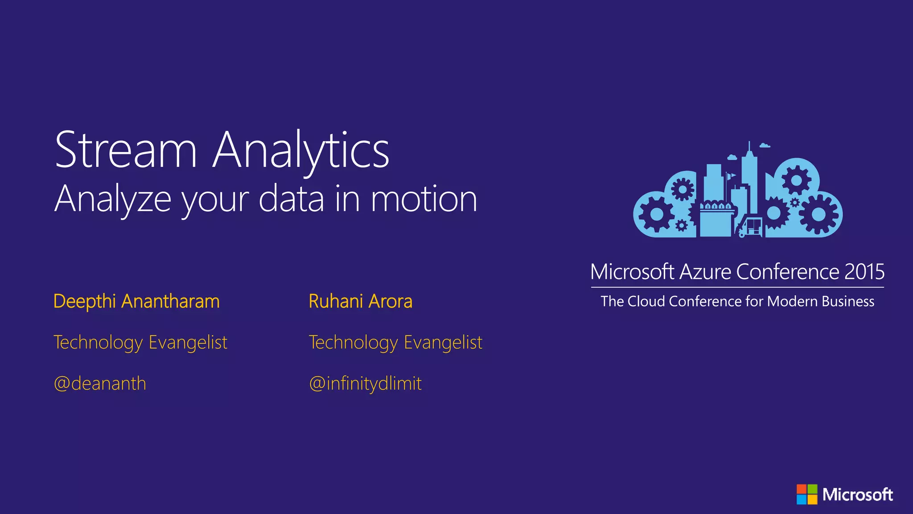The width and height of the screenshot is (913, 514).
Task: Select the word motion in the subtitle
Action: click(424, 199)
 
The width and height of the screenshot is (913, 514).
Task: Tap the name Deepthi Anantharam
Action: click(136, 302)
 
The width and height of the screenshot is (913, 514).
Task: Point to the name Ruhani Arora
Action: click(360, 302)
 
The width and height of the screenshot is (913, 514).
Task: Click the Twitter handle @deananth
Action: click(100, 384)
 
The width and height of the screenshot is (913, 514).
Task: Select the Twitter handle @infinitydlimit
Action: click(365, 384)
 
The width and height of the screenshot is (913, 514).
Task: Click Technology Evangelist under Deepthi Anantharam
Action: click(140, 343)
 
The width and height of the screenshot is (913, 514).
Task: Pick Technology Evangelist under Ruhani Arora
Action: click(395, 343)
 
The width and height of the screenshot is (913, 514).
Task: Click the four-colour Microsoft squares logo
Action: click(807, 494)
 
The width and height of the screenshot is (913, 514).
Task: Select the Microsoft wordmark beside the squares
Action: click(857, 494)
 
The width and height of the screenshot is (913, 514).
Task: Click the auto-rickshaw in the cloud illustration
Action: click(751, 227)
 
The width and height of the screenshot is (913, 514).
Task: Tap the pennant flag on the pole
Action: click(731, 175)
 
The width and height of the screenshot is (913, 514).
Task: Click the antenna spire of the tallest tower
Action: click(749, 146)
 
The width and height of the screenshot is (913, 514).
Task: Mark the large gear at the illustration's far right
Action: click(818, 214)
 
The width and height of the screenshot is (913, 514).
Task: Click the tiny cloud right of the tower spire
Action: click(765, 145)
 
